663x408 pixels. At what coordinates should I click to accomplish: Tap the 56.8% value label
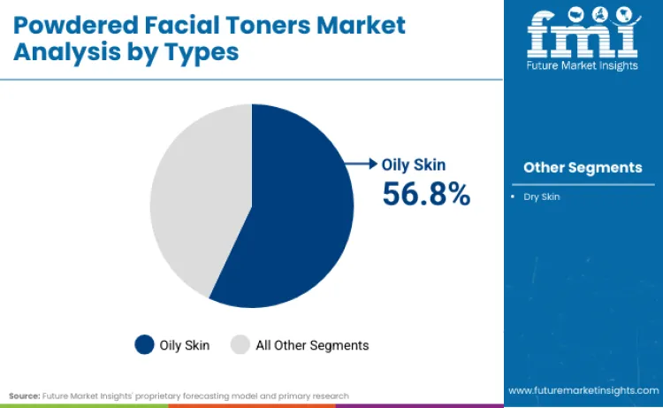[x=426, y=194]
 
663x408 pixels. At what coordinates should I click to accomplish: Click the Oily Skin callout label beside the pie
[x=414, y=165]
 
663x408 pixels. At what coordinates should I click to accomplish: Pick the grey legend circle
[x=240, y=344]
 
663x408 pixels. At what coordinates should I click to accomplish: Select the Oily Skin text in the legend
[x=185, y=344]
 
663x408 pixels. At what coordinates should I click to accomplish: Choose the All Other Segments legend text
[x=312, y=344]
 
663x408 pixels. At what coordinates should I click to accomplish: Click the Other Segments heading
[x=583, y=167]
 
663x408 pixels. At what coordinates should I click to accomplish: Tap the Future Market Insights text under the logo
[x=582, y=65]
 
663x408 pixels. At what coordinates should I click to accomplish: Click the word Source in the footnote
[x=25, y=396]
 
